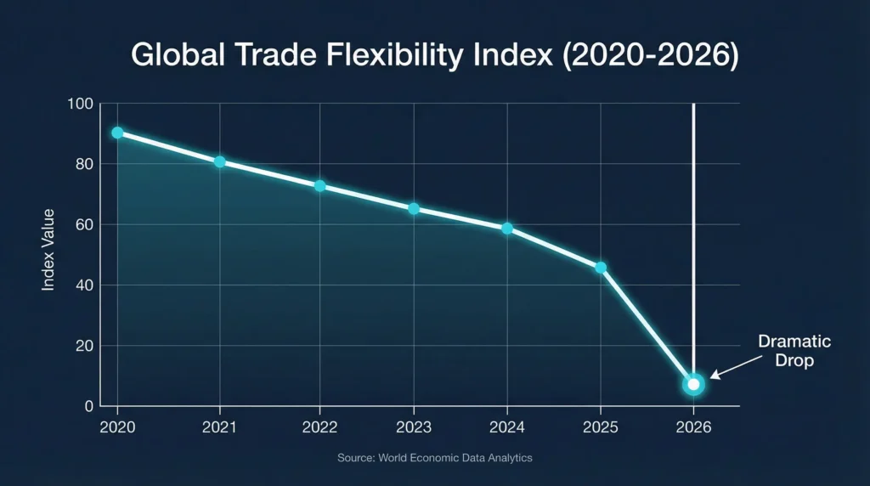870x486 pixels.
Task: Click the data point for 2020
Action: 117,133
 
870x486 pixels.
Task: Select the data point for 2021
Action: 220,162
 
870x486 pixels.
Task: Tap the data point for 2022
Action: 319,186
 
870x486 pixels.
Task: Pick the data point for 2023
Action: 414,209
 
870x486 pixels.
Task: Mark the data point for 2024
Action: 507,229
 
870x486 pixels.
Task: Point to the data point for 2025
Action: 601,268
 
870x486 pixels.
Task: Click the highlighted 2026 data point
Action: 693,385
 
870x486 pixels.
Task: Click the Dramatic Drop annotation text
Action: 794,351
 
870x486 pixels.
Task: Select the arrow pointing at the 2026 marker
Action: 731,367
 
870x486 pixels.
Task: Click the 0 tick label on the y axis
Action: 88,406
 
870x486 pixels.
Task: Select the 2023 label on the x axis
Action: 414,427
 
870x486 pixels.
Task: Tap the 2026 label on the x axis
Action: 693,427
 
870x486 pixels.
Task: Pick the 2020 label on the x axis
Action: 117,427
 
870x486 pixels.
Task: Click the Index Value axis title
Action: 48,250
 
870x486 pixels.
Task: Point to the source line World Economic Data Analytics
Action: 434,458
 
